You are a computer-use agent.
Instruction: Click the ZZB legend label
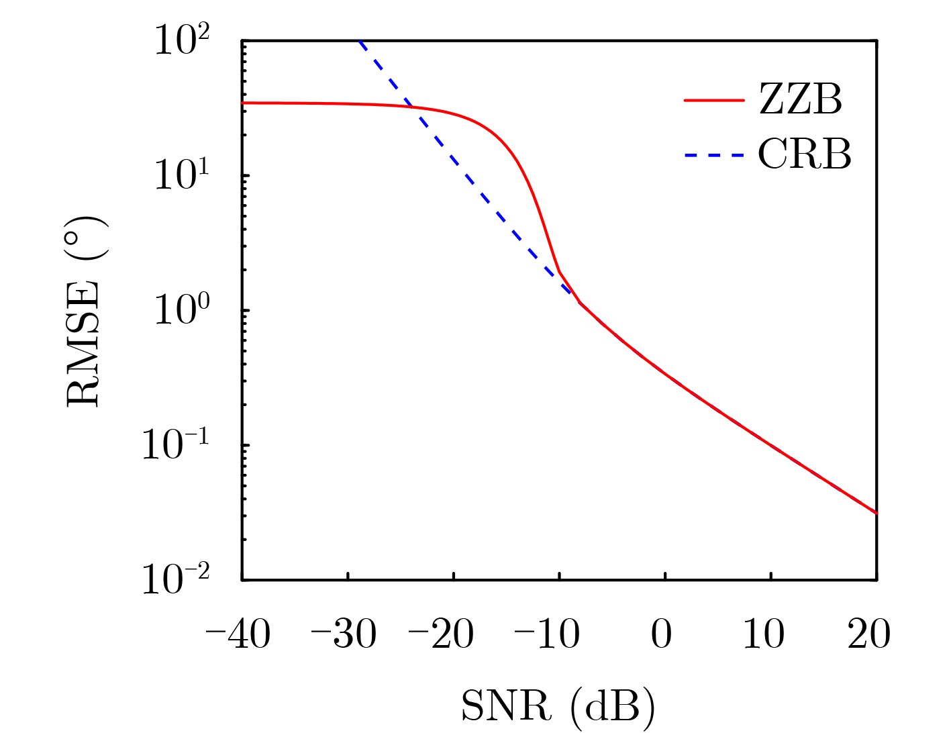(x=800, y=99)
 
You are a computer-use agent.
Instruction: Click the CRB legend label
(x=805, y=154)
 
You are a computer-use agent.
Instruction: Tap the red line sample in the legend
(x=714, y=100)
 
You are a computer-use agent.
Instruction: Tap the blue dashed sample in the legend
(x=714, y=156)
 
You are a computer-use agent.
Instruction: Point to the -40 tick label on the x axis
(x=238, y=634)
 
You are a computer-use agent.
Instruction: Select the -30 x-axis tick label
(x=344, y=634)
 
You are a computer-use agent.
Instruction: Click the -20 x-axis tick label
(x=442, y=634)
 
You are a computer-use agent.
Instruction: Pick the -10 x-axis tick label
(x=547, y=634)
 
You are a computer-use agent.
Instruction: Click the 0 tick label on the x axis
(x=662, y=634)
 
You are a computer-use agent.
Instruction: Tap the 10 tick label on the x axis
(x=764, y=634)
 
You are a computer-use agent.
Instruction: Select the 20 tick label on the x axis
(x=869, y=634)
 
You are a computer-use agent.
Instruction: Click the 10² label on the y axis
(x=182, y=41)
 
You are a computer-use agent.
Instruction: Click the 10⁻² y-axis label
(x=175, y=579)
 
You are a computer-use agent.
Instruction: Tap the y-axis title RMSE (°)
(x=86, y=310)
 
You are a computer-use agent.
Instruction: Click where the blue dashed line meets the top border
(x=360, y=41)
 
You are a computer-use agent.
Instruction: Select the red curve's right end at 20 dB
(x=877, y=514)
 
